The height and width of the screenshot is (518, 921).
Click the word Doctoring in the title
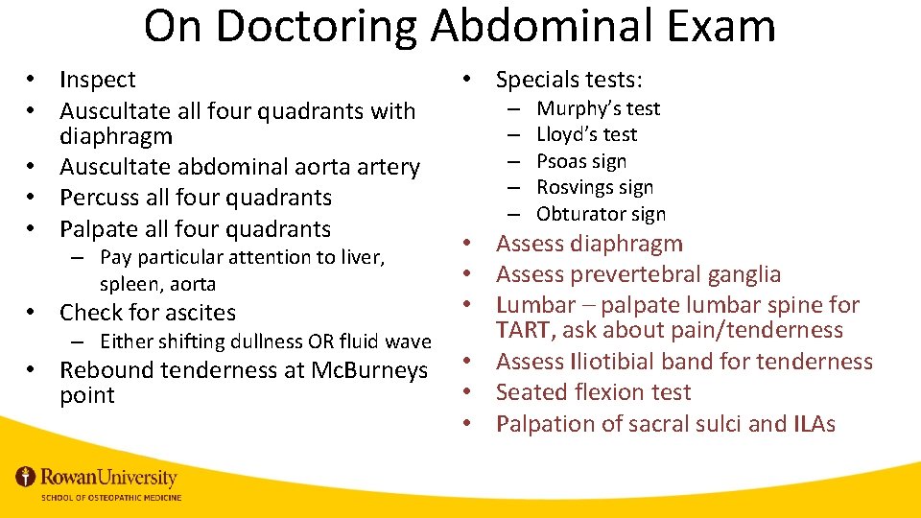pyautogui.click(x=317, y=26)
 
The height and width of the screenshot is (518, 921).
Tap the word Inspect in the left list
pyautogui.click(x=98, y=80)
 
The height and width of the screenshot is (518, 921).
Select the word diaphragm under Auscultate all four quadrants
pyautogui.click(x=116, y=137)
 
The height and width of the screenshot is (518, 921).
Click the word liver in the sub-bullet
pyautogui.click(x=360, y=257)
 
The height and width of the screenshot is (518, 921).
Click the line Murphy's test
pyautogui.click(x=598, y=108)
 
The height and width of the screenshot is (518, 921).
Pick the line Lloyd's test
pyautogui.click(x=586, y=134)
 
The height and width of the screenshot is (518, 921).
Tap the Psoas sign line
pyautogui.click(x=581, y=161)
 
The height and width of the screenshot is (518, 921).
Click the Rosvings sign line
pyautogui.click(x=595, y=187)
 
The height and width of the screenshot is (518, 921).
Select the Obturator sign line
pyautogui.click(x=601, y=214)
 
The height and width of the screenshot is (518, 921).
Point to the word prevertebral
pyautogui.click(x=637, y=274)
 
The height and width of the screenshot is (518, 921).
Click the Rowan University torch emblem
pyautogui.click(x=26, y=477)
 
